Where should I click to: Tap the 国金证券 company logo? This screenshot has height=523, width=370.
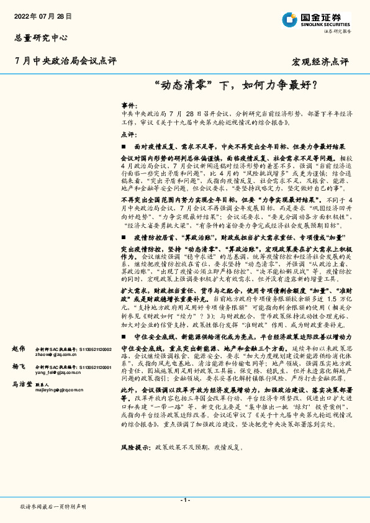click(x=317, y=20)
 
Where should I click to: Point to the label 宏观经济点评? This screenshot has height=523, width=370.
click(x=320, y=62)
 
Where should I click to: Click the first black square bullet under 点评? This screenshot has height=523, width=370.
click(x=124, y=147)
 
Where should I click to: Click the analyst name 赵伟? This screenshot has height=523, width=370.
click(x=18, y=350)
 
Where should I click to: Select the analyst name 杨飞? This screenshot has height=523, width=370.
click(x=18, y=368)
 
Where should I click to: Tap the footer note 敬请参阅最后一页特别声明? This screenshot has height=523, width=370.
click(x=53, y=506)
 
